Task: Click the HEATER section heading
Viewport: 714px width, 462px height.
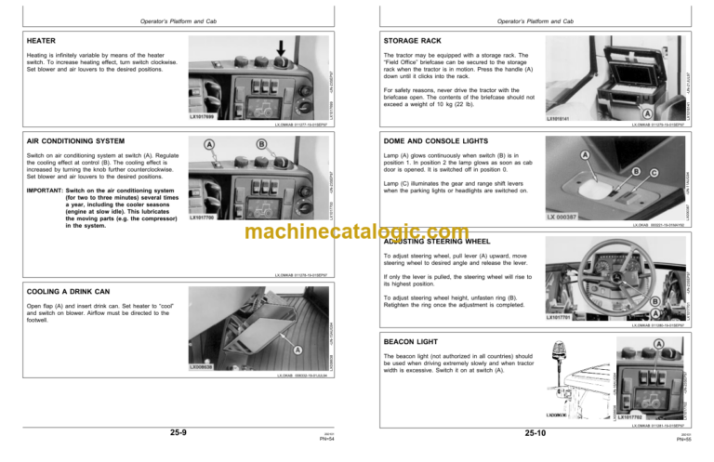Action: point(41,40)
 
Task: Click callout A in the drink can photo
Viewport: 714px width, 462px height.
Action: point(297,350)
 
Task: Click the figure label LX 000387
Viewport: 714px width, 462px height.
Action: point(562,217)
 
